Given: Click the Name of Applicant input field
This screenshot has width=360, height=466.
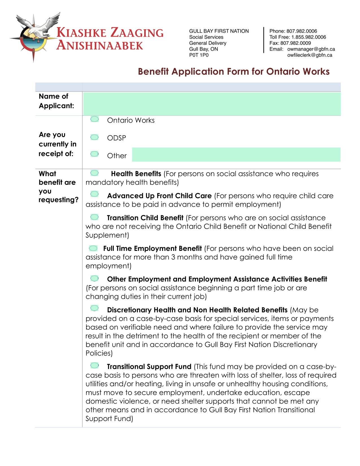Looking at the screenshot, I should point(211,104).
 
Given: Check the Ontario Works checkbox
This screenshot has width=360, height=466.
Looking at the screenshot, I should point(95,119).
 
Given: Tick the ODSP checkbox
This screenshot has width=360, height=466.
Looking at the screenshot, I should point(95,137).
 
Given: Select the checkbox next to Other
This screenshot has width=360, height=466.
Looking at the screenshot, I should point(95,154).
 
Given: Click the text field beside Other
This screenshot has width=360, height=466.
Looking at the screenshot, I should point(236,155).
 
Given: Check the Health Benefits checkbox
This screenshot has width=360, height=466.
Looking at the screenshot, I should point(95,173).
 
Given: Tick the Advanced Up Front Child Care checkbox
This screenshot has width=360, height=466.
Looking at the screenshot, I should point(95,194).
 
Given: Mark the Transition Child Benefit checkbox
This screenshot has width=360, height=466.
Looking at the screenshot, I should point(95,217).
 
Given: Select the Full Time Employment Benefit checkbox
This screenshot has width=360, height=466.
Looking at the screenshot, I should point(93,248).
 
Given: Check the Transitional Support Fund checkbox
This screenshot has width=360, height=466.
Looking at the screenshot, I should point(95,366).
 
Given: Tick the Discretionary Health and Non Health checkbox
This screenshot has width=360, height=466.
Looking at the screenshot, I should point(95,308).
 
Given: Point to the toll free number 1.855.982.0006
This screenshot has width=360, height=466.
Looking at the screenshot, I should point(309,37).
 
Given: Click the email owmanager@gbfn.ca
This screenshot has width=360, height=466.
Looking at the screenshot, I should point(311,49).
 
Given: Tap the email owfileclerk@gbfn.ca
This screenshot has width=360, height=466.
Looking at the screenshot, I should point(310,55).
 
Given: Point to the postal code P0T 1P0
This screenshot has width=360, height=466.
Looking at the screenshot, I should point(199,55).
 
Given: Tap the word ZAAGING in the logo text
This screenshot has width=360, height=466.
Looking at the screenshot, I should point(137,33).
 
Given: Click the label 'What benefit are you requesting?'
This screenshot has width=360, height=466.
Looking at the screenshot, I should point(58,187).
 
